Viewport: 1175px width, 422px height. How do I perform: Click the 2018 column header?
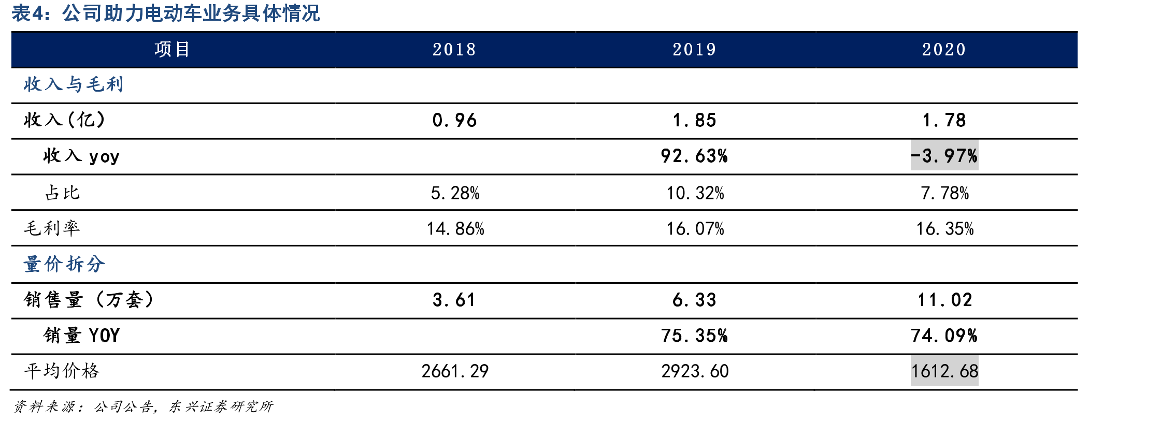pyautogui.click(x=454, y=50)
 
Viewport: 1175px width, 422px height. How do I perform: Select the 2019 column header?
pyautogui.click(x=694, y=50)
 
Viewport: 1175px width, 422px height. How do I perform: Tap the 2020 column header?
pyautogui.click(x=944, y=50)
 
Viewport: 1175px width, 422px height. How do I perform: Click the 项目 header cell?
pyautogui.click(x=173, y=50)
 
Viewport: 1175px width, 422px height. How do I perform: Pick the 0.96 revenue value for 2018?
pyautogui.click(x=454, y=121)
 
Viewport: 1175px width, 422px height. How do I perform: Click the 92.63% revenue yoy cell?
pyautogui.click(x=694, y=156)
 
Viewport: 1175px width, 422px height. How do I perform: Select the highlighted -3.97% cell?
pyautogui.click(x=944, y=155)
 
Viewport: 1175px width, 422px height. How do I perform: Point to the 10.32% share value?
pyautogui.click(x=695, y=193)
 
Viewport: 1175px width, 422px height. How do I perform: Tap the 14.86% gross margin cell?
pyautogui.click(x=455, y=228)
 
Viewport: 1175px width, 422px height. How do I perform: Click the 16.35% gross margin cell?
pyautogui.click(x=945, y=228)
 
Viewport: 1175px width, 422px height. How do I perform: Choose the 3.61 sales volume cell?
pyautogui.click(x=454, y=300)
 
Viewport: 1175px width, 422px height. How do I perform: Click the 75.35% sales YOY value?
pyautogui.click(x=694, y=336)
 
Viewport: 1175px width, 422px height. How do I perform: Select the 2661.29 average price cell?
pyautogui.click(x=455, y=371)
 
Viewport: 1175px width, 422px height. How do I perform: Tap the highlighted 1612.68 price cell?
pyautogui.click(x=944, y=371)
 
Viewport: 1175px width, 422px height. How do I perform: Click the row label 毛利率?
pyautogui.click(x=52, y=228)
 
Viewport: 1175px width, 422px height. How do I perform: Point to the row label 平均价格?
pyautogui.click(x=62, y=371)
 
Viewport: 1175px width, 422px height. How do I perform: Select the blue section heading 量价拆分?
pyautogui.click(x=64, y=264)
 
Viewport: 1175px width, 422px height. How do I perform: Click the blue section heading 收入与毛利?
pyautogui.click(x=74, y=84)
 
